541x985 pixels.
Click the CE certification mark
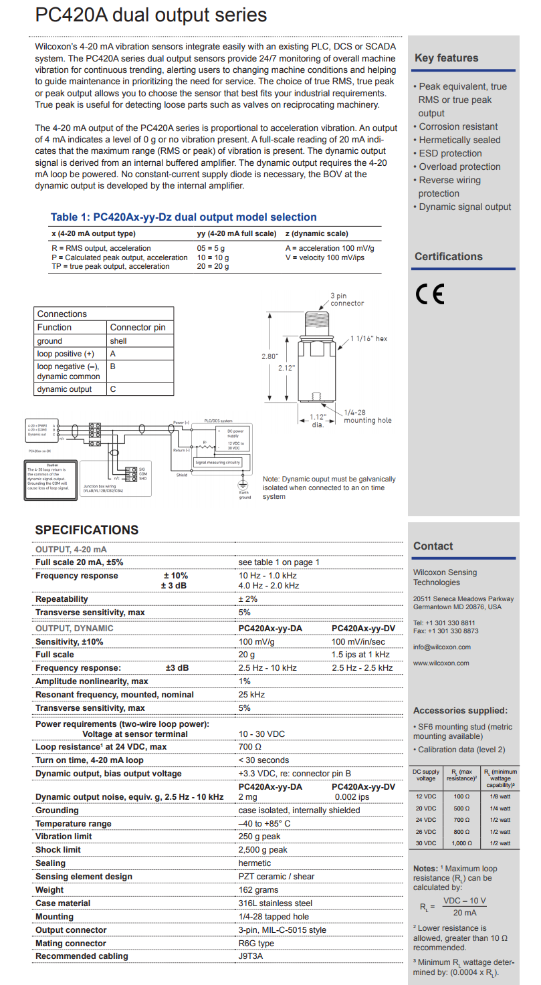coord(429,294)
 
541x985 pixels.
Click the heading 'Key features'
coord(446,58)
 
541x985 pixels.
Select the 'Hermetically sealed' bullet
coord(459,140)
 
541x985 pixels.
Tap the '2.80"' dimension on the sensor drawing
coord(269,356)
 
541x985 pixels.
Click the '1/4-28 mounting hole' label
coord(367,417)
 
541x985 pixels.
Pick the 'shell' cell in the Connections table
coord(118,340)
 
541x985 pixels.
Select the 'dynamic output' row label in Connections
coord(64,389)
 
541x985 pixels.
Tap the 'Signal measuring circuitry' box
coord(217,462)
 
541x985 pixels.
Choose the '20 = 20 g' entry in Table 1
coord(213,266)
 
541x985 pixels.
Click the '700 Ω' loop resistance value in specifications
coord(249,746)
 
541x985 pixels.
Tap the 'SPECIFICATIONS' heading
coord(87,530)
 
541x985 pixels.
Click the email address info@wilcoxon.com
coord(441,647)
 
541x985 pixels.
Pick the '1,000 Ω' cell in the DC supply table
coord(458,843)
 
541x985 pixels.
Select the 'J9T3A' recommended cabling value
coord(251,956)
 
